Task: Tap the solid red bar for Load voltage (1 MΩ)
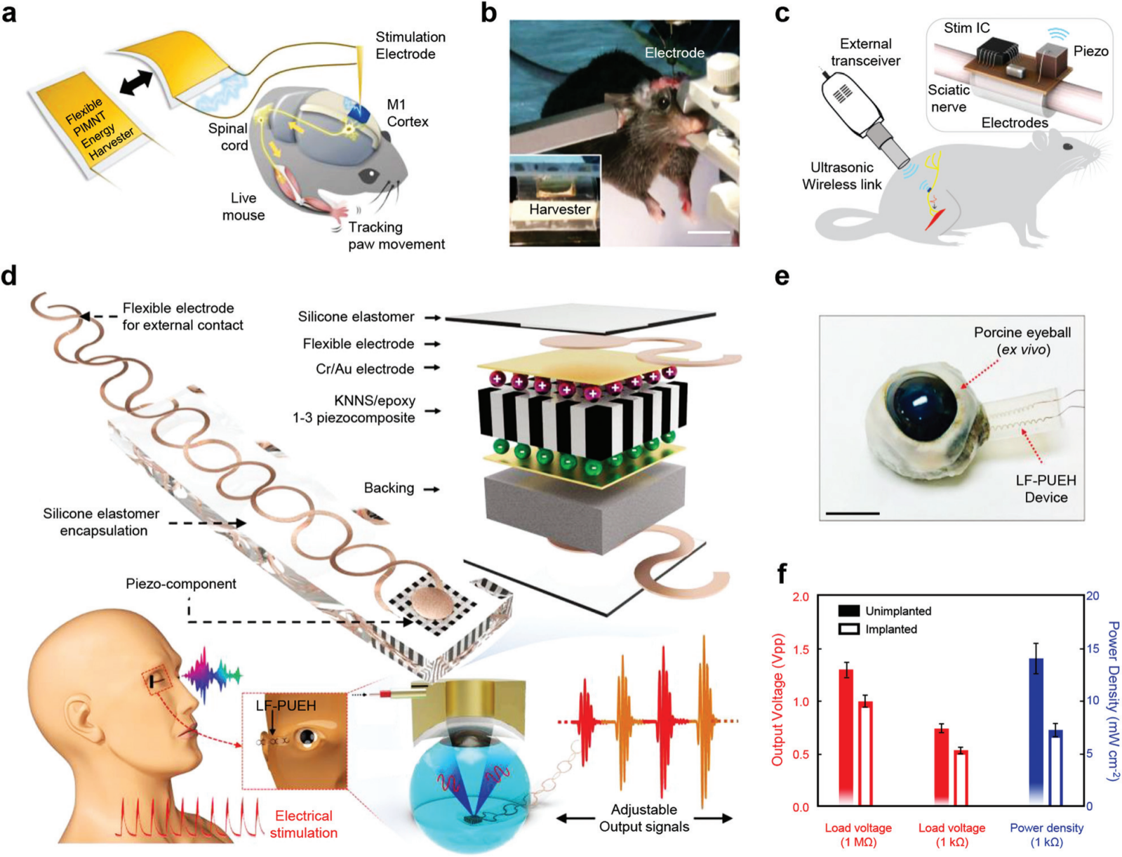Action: tap(846, 737)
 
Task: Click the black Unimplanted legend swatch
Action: tap(848, 611)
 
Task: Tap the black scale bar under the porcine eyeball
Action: tap(853, 514)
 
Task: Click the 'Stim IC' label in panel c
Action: tap(966, 28)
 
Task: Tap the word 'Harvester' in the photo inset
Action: tap(559, 209)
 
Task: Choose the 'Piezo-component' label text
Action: tap(181, 584)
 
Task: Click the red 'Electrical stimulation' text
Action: tap(303, 824)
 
